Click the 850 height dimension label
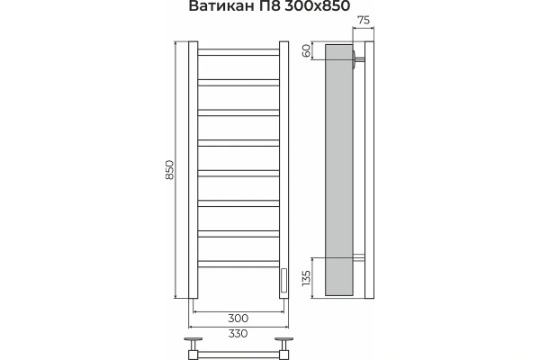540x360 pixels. (169, 172)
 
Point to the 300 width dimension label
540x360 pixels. (238, 319)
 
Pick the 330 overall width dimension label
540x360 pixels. (238, 333)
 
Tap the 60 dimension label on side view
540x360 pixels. (305, 50)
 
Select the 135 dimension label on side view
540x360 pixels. (305, 279)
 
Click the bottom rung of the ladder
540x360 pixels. (238, 264)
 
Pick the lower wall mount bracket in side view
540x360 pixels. (360, 260)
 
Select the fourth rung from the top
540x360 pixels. (238, 142)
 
